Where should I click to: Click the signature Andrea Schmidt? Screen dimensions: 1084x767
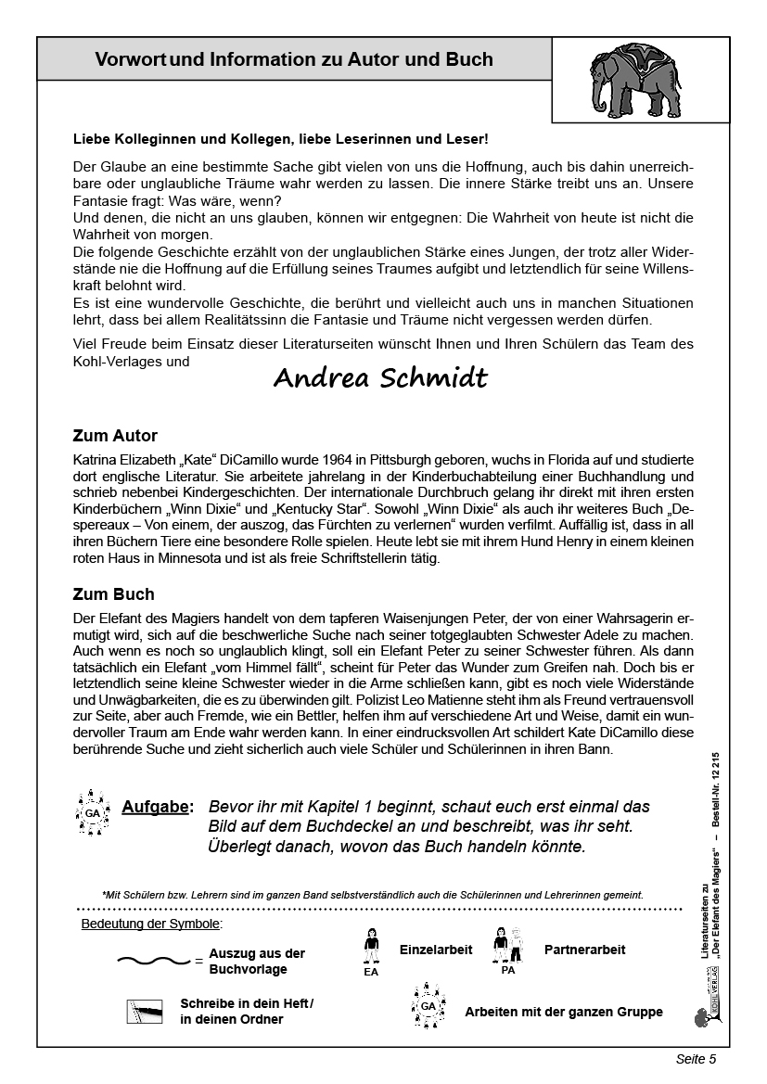(x=380, y=379)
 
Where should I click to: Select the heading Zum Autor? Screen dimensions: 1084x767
(x=115, y=436)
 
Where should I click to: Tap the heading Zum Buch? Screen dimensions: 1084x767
(x=113, y=594)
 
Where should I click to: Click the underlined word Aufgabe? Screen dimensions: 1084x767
(x=157, y=808)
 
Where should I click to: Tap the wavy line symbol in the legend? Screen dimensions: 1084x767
(x=154, y=961)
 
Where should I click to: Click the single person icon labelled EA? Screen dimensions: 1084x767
(x=372, y=948)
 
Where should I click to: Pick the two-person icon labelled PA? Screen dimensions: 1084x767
(x=507, y=948)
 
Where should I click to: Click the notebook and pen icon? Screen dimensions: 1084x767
(x=144, y=1011)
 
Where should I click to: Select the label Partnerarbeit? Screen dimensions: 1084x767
(x=584, y=950)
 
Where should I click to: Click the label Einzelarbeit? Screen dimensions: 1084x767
(x=436, y=950)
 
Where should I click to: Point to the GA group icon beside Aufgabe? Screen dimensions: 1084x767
(x=93, y=812)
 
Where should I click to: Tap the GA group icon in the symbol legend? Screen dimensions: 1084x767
(x=428, y=1006)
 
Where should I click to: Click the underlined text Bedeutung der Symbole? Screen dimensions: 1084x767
(x=152, y=924)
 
